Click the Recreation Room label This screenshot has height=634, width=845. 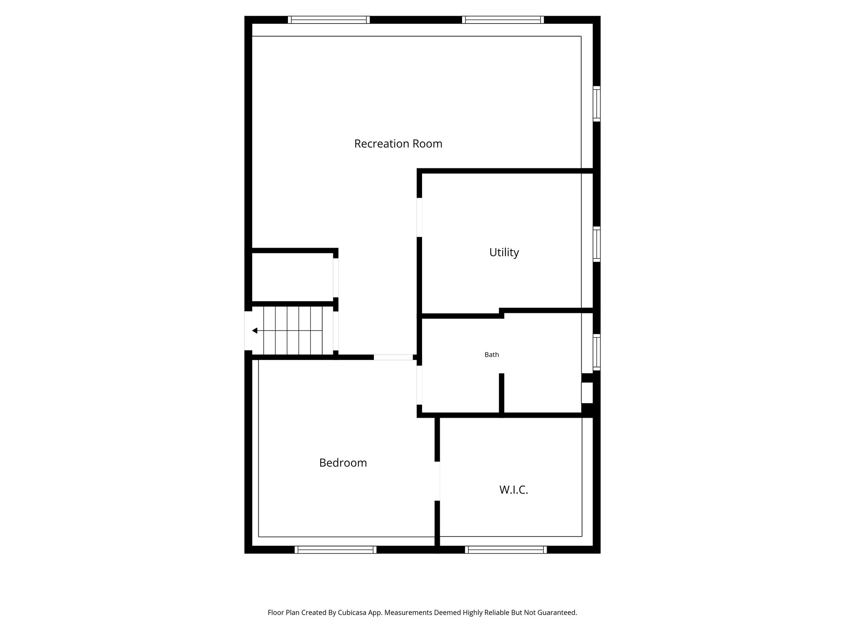pyautogui.click(x=398, y=144)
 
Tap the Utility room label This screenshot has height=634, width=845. pyautogui.click(x=504, y=252)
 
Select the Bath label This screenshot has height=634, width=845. pyautogui.click(x=491, y=355)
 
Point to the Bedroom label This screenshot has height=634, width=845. pyautogui.click(x=343, y=463)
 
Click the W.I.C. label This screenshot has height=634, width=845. pyautogui.click(x=514, y=490)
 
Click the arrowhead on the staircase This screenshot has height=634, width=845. pyautogui.click(x=255, y=331)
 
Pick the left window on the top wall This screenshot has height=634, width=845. pyautogui.click(x=328, y=20)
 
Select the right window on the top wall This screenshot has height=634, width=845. pyautogui.click(x=503, y=20)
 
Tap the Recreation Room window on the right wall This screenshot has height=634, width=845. pyautogui.click(x=597, y=104)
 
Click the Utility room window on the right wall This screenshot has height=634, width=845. pyautogui.click(x=597, y=244)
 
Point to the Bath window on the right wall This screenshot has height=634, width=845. pyautogui.click(x=597, y=352)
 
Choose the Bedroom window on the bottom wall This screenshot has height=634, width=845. pyautogui.click(x=335, y=549)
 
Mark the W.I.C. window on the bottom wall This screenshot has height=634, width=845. pyautogui.click(x=506, y=549)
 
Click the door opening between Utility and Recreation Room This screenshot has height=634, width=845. pyautogui.click(x=419, y=217)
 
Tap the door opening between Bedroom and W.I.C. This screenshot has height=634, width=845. pyautogui.click(x=437, y=481)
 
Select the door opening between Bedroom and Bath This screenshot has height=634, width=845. pyautogui.click(x=419, y=385)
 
